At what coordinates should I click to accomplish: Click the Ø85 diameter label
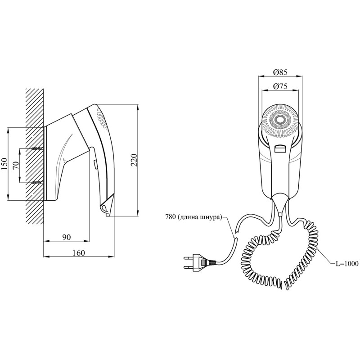(x=280, y=72)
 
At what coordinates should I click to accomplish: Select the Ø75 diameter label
(x=280, y=86)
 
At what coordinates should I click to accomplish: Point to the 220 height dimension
(x=134, y=160)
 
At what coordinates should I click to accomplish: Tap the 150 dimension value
(x=4, y=164)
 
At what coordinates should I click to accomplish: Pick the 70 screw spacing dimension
(x=16, y=166)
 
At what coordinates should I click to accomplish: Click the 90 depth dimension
(x=66, y=237)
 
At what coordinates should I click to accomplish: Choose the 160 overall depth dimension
(x=78, y=253)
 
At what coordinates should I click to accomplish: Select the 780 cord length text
(x=193, y=217)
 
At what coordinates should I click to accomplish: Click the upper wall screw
(x=37, y=148)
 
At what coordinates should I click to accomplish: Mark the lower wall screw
(x=37, y=183)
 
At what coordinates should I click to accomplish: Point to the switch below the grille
(x=280, y=148)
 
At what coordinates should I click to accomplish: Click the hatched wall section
(x=35, y=156)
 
